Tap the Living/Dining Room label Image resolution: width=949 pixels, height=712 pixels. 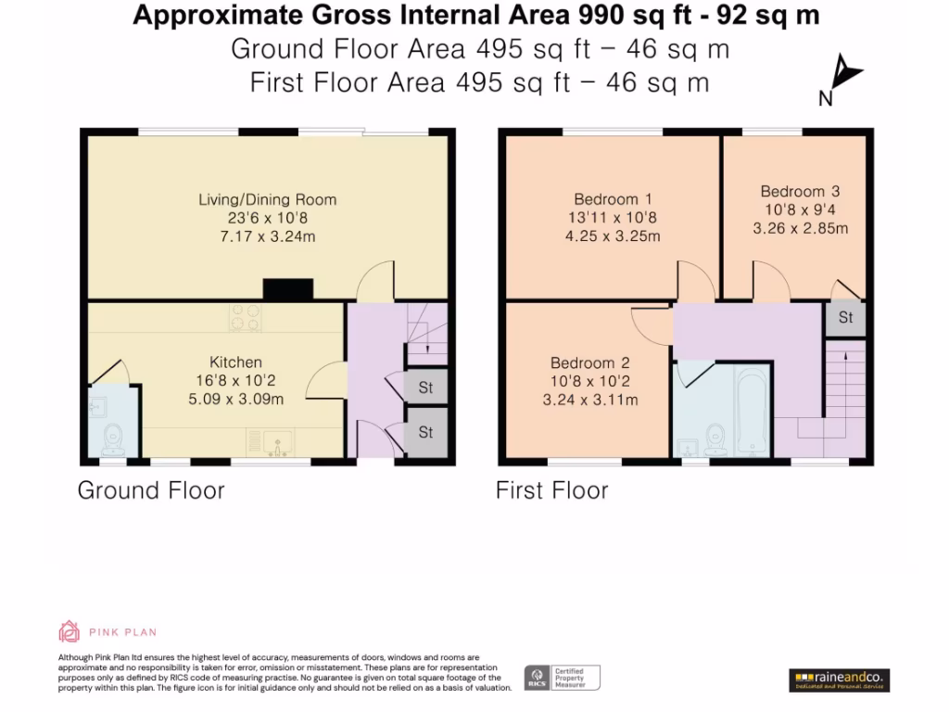coord(268,199)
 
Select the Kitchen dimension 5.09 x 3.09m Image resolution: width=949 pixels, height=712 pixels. coord(235,400)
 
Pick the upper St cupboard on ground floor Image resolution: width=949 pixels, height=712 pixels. coord(425,388)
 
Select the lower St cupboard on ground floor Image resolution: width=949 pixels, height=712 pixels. coord(425,432)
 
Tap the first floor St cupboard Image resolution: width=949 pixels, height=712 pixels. coord(845,318)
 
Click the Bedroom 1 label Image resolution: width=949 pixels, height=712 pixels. coord(613,198)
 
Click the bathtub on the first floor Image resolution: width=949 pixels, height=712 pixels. coord(748,413)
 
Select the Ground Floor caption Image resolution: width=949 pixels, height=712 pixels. coord(150,489)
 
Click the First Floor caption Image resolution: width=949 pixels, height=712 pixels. coord(551,489)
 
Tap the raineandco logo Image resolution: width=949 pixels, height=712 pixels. coord(840,680)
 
